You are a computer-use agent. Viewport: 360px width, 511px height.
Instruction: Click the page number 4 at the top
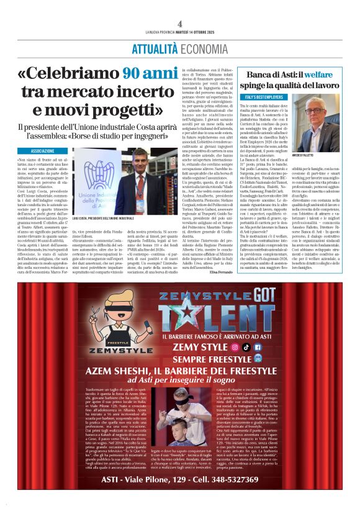[180, 24]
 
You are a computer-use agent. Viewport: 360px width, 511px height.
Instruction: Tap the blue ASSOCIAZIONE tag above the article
[43, 151]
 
